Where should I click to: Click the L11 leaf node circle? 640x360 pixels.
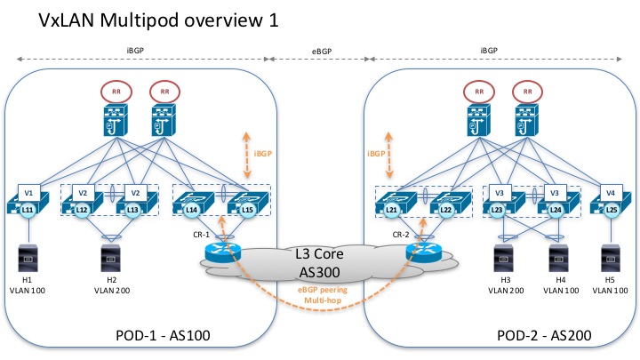pos(28,208)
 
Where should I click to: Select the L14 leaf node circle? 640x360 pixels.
pos(190,208)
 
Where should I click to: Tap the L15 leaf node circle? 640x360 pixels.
pos(246,208)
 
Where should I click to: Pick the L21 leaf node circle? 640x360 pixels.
pos(390,208)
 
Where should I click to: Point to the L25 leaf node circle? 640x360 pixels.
pos(611,208)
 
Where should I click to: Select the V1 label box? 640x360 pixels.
pos(28,191)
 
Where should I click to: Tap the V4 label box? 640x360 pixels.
pos(610,191)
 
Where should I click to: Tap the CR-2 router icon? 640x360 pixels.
pos(421,251)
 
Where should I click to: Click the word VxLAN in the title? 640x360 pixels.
pos(44,20)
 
